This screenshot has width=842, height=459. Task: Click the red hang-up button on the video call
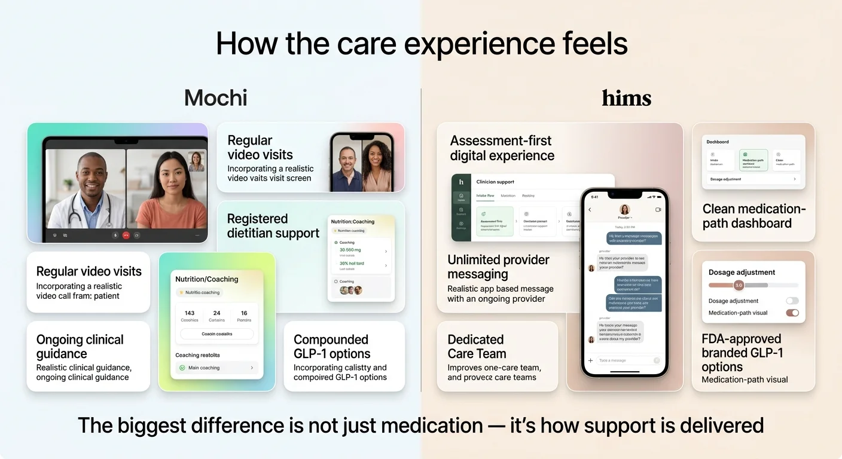(x=126, y=235)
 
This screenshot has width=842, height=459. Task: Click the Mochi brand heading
(x=215, y=97)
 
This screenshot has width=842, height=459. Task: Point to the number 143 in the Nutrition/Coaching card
(x=190, y=313)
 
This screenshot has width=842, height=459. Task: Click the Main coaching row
(x=216, y=368)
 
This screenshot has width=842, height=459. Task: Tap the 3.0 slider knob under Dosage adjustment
(x=738, y=285)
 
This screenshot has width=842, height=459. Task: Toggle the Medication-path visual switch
(x=792, y=313)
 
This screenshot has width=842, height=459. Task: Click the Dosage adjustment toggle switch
(x=792, y=301)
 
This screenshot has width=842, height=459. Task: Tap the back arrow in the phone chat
(x=590, y=210)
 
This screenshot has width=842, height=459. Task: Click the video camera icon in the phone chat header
(x=658, y=210)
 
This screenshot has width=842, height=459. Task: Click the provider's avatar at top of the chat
(x=624, y=209)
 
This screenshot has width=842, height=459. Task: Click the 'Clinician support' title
(x=495, y=182)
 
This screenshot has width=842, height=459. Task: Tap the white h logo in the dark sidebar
(x=461, y=182)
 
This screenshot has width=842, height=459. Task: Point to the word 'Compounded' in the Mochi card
(x=331, y=339)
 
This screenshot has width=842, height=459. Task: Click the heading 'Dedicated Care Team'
(x=477, y=347)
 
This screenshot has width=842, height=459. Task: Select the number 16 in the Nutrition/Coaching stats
(x=244, y=313)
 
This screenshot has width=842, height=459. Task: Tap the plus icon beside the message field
(x=591, y=360)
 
